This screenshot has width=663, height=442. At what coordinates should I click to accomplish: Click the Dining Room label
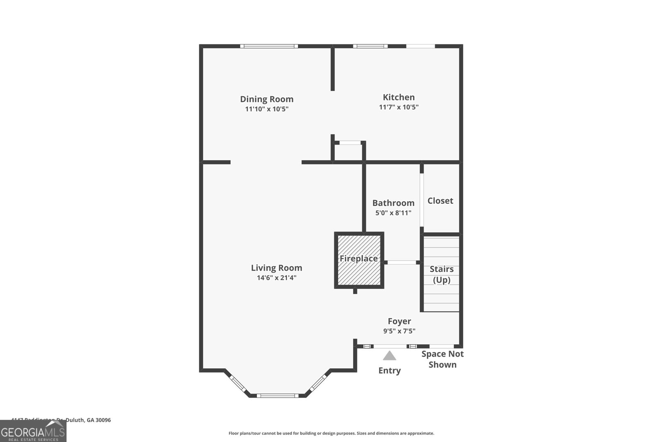click(x=266, y=99)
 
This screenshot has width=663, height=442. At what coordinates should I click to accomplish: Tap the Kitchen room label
click(x=399, y=97)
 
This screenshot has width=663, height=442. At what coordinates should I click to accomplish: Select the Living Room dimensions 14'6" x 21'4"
click(x=276, y=278)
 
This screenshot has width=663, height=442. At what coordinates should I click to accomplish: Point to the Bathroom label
click(x=393, y=203)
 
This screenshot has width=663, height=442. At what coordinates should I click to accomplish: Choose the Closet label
click(x=440, y=201)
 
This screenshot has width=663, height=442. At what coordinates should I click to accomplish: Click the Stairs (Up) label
click(x=441, y=274)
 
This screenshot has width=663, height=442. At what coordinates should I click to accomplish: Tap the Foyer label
click(x=399, y=321)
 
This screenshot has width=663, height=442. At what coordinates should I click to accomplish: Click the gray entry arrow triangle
click(x=389, y=355)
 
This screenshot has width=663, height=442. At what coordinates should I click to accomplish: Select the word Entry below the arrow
click(x=389, y=370)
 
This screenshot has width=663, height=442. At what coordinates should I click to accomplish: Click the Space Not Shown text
click(x=442, y=359)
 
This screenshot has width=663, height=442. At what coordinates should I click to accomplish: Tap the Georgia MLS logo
click(x=33, y=431)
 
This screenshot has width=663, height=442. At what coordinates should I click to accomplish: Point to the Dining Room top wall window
click(x=269, y=46)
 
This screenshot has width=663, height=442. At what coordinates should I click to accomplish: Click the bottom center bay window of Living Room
click(x=277, y=396)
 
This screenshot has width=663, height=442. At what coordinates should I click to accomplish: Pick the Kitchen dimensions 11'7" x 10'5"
click(x=399, y=107)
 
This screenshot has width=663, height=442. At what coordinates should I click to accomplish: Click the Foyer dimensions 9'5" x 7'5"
click(x=399, y=331)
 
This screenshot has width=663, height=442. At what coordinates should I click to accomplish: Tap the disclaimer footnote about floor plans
click(x=331, y=433)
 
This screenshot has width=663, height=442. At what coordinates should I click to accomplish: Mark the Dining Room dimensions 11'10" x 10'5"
click(x=266, y=109)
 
